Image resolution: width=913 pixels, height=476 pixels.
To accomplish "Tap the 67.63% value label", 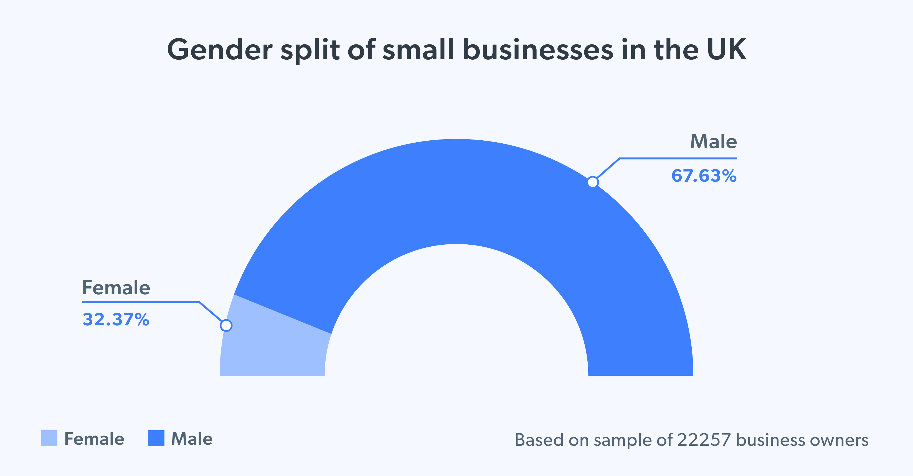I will tap(704, 176).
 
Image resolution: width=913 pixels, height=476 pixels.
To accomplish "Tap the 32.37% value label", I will tap(116, 320).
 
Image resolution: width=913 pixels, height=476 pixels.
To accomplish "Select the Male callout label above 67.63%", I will tap(714, 142).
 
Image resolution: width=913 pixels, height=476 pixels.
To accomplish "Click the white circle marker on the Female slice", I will tap(226, 325).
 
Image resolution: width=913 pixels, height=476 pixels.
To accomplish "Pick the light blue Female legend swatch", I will tap(49, 439).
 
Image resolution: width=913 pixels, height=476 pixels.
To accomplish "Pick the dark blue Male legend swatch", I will tap(156, 439).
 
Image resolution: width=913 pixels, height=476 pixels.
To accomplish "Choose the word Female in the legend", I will tap(94, 439).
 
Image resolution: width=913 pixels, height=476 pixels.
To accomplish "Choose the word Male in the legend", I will tap(192, 439).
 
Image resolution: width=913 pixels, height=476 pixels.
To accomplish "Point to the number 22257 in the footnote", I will tap(704, 440).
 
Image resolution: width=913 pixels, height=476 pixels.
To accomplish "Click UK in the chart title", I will tap(727, 50).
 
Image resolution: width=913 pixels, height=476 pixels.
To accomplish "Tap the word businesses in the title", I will tap(538, 50).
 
